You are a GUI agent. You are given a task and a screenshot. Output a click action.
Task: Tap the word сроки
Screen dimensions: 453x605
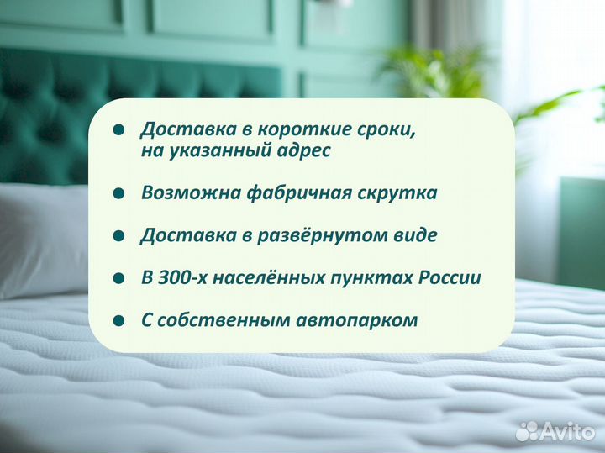(x=386, y=129)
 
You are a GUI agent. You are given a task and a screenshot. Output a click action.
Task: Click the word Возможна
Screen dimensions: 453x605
(x=191, y=193)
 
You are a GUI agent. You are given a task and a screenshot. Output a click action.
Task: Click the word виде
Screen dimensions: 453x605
(x=414, y=235)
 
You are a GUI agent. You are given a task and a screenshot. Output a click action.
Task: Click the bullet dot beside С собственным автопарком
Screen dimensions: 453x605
(x=119, y=321)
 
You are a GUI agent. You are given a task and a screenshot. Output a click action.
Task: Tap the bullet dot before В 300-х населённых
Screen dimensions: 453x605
(x=119, y=278)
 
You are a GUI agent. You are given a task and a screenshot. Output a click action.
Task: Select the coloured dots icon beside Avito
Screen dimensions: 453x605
(x=527, y=430)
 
